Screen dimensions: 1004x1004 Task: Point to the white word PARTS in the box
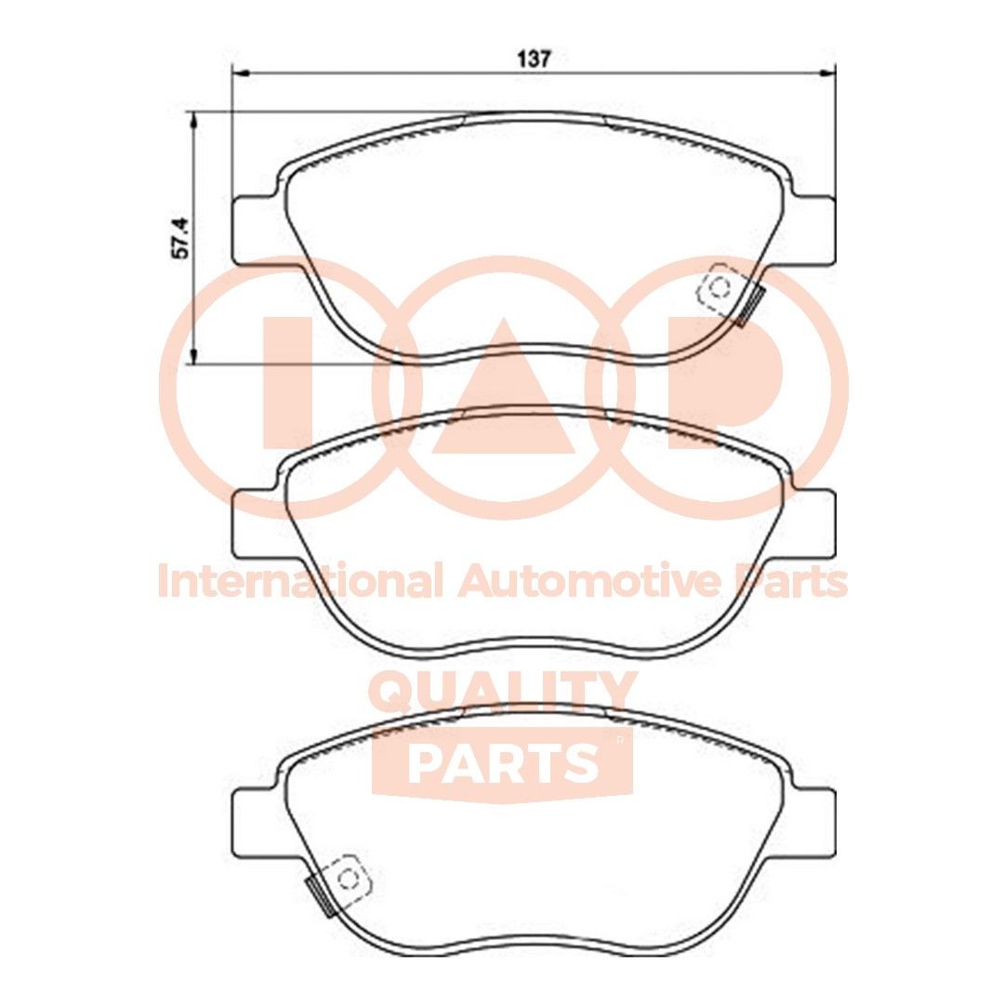(503, 762)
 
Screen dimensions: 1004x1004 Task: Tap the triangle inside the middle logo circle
(503, 400)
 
